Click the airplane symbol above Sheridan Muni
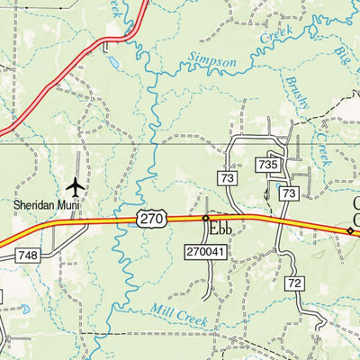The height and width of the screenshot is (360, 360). click(75, 186)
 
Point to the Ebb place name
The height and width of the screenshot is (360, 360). click(221, 229)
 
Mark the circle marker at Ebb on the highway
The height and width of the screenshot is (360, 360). click(205, 218)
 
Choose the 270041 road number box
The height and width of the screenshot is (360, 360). click(204, 253)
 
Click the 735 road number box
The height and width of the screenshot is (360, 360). click(267, 165)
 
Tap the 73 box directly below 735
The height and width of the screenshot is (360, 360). click(288, 193)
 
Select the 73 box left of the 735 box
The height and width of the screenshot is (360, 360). click(228, 178)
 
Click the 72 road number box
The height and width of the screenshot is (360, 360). click(293, 283)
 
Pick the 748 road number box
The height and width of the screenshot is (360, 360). click(27, 256)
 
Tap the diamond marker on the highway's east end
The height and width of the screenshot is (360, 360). click(350, 230)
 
